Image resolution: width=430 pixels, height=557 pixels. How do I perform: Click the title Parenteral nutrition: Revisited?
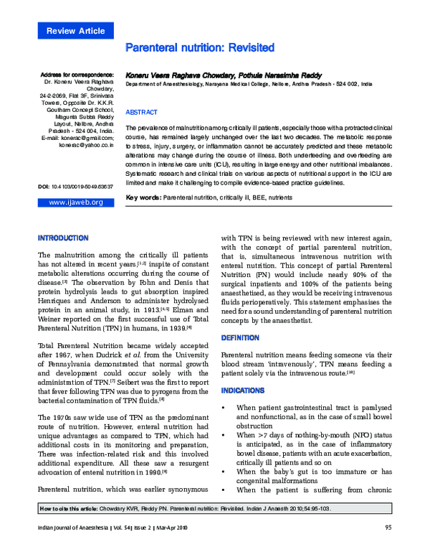[200, 48]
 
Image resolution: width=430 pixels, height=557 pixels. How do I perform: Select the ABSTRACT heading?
[141, 113]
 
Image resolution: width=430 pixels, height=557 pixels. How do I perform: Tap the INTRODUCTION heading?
[63, 238]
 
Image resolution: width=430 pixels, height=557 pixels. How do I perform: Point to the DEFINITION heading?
[240, 337]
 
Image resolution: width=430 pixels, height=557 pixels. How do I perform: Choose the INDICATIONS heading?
[243, 390]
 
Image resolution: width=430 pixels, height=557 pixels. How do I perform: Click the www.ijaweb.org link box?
[75, 202]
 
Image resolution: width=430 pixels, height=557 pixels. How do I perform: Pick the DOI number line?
[75, 187]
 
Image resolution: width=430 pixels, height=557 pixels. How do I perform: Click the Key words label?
[143, 197]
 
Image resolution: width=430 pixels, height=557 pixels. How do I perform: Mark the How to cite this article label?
[69, 508]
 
